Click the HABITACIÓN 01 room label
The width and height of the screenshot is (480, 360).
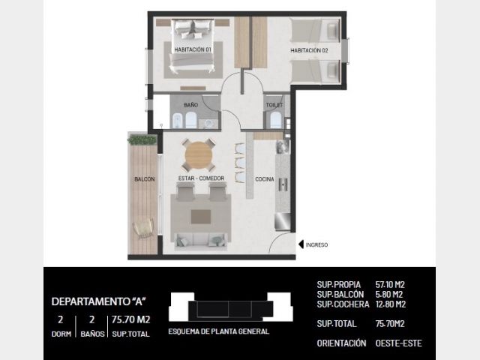(193, 49)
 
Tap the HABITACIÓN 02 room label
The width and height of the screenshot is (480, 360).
(309, 50)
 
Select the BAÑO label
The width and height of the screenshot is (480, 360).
(191, 105)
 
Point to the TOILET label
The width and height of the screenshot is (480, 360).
(274, 105)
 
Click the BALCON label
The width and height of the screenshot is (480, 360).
(145, 179)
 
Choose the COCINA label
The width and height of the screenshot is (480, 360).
(265, 179)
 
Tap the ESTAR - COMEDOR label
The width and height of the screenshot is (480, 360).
(201, 178)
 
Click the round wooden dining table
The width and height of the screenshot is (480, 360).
(199, 155)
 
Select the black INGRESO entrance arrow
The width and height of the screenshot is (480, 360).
(301, 244)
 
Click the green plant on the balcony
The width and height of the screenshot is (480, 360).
(142, 139)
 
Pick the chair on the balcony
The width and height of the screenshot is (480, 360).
(143, 228)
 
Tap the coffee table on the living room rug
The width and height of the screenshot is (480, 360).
(201, 217)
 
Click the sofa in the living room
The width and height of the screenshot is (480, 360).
(201, 240)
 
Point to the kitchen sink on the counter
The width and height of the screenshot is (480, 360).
(283, 184)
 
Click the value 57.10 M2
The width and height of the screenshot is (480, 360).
(390, 285)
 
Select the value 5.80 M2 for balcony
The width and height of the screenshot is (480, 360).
(389, 295)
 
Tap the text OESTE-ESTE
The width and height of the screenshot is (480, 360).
(398, 343)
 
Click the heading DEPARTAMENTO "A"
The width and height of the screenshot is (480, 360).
(98, 301)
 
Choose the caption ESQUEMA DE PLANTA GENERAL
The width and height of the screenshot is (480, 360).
(218, 331)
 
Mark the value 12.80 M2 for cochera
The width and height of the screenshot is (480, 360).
(391, 304)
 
